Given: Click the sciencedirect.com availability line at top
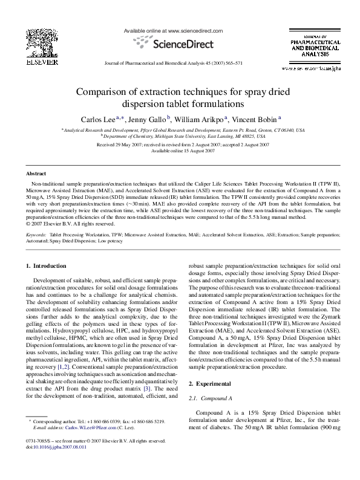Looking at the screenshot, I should (x=180, y=29).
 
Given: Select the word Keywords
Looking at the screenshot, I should (x=36, y=233).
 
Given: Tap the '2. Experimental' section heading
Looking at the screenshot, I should (x=208, y=383).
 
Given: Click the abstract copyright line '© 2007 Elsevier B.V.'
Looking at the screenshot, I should (x=71, y=222).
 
